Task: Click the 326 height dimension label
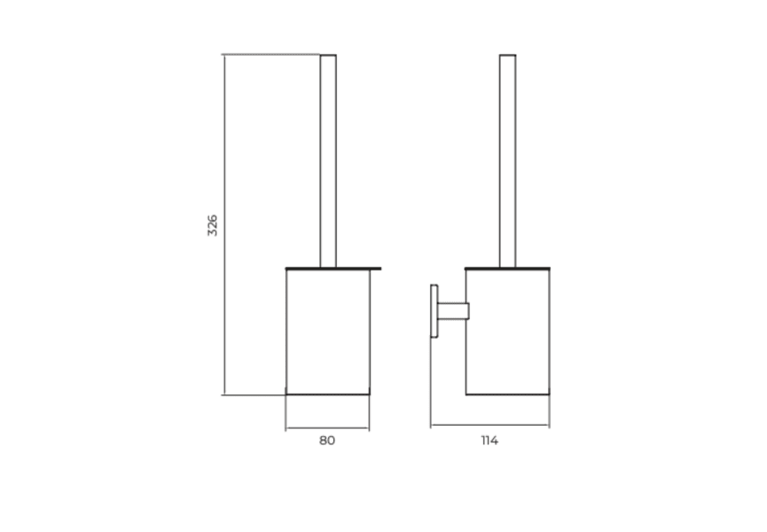click(212, 225)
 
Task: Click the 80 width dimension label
click(327, 441)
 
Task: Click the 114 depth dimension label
click(489, 441)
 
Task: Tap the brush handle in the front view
click(328, 160)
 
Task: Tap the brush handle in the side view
click(507, 160)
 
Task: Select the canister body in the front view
click(327, 330)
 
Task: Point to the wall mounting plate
click(434, 310)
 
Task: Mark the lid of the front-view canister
click(333, 268)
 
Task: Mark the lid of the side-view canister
click(508, 268)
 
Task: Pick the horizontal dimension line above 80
click(327, 428)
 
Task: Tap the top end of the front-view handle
click(328, 56)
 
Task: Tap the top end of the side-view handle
click(507, 56)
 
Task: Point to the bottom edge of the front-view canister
click(327, 394)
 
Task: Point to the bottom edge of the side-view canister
click(508, 394)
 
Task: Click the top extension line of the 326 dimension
click(270, 54)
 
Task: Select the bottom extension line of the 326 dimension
click(254, 395)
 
